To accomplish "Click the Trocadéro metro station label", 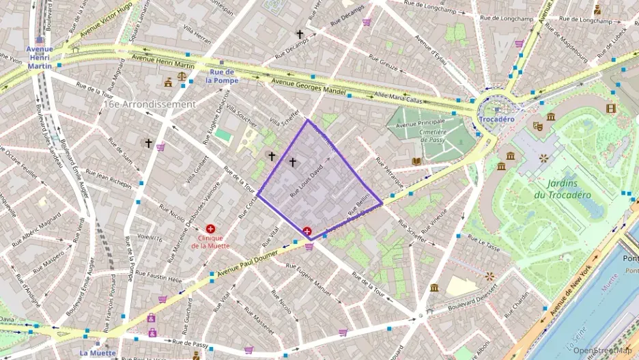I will (496, 119).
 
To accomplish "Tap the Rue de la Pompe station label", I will (223, 76).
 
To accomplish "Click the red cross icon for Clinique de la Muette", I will (210, 229).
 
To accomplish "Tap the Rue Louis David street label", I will (307, 179).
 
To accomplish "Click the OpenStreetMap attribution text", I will (602, 350).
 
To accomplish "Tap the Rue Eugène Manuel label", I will (318, 281).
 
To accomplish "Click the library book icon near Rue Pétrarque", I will (416, 161).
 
